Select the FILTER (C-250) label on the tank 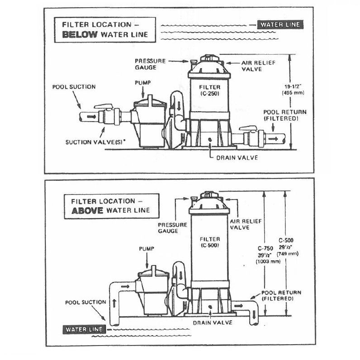pyautogui.click(x=209, y=90)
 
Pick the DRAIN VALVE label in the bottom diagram pyautogui.click(x=213, y=322)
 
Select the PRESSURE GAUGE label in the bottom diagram pyautogui.click(x=172, y=227)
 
